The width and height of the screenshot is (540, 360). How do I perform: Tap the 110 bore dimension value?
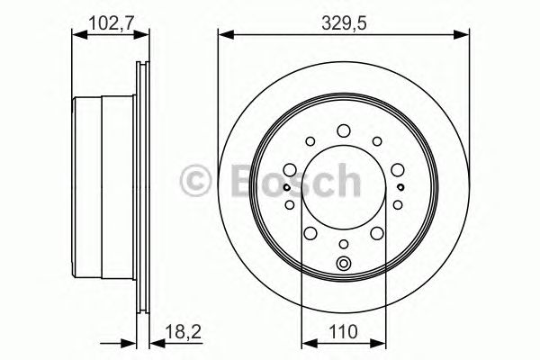point(343,332)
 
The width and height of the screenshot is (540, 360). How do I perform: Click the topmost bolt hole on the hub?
point(344,131)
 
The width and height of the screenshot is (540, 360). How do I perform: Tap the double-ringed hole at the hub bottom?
point(344,264)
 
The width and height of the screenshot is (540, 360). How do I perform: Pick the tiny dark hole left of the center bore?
point(285,187)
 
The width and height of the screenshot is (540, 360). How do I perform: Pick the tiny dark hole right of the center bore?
point(400,187)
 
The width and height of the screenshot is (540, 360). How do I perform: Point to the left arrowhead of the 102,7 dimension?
point(76,35)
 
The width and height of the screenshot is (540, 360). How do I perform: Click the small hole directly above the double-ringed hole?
point(344,244)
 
